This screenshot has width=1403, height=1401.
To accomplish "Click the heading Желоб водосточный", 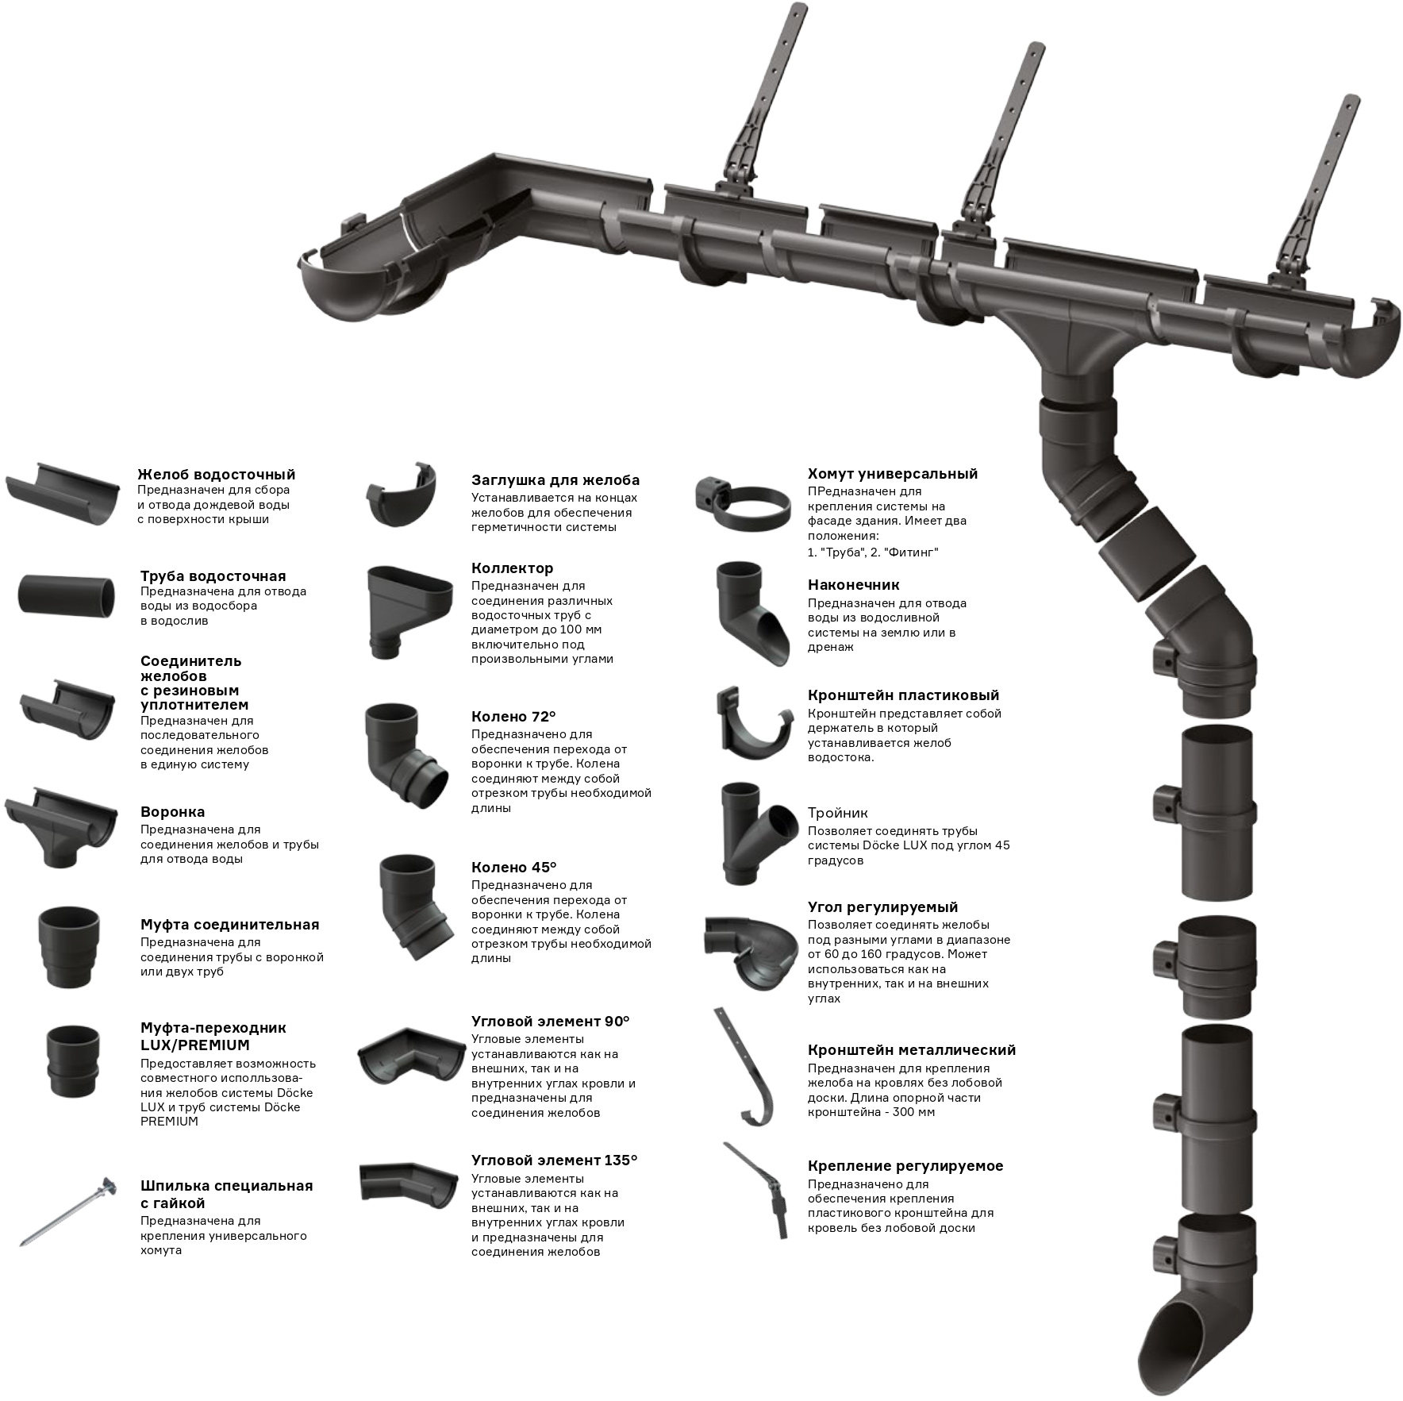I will coord(216,475).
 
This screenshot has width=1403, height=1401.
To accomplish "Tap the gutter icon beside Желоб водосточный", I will coord(63,492).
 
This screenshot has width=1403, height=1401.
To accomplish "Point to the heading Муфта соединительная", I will coord(229,925).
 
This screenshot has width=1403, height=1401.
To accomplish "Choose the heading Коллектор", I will coord(512,568).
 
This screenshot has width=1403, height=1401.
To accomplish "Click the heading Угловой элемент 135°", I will coord(554,1160).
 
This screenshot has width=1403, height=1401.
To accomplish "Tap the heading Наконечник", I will coord(853,585).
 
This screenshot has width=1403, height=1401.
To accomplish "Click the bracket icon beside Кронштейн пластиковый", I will coord(755,720).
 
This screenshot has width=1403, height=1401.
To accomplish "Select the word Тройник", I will coord(837,813).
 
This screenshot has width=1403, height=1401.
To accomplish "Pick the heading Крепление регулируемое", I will coord(905,1166).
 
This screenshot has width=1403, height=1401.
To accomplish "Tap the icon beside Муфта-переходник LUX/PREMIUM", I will coord(74,1060).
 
